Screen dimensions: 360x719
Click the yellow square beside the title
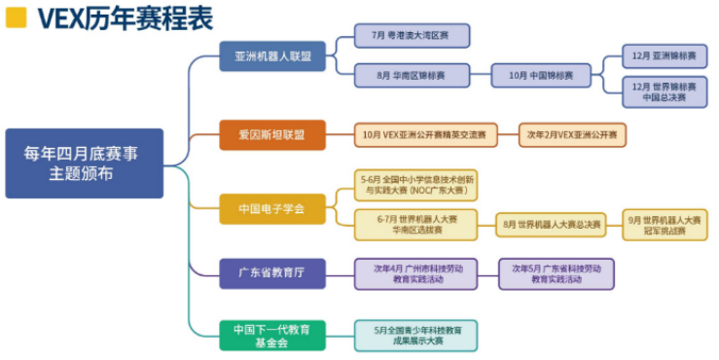16,17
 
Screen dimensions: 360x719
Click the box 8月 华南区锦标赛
411,74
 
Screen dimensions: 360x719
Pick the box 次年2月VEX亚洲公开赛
573,134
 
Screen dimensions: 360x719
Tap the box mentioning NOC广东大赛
418,185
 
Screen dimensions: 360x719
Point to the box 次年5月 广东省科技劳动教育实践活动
556,273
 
